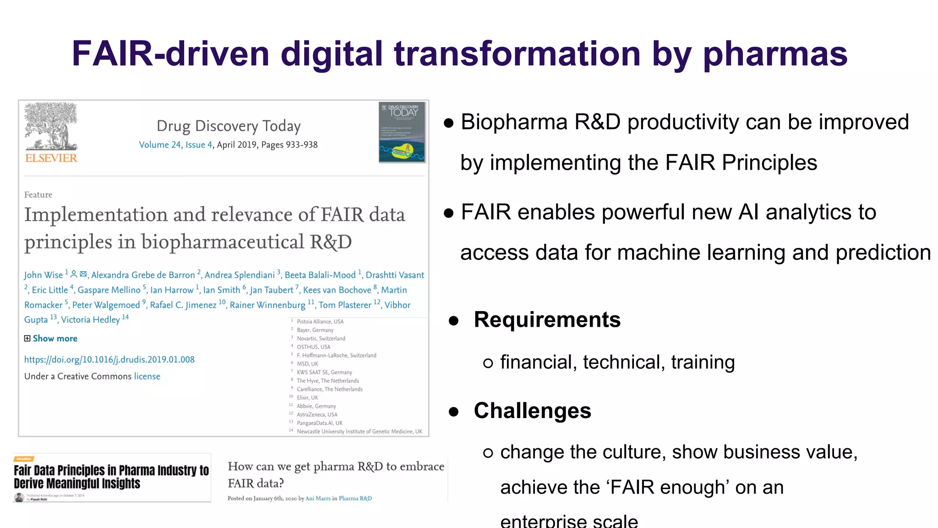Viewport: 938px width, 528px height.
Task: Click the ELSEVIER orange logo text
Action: click(51, 158)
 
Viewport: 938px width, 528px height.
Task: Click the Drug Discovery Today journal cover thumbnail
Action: click(402, 132)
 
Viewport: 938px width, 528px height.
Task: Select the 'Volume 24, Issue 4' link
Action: click(175, 145)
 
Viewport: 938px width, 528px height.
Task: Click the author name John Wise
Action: click(44, 275)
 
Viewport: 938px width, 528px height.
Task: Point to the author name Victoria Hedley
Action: click(90, 319)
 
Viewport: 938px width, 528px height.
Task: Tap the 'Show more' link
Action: click(55, 339)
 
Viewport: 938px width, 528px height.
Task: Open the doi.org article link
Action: click(109, 360)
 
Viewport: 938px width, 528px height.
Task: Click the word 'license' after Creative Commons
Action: click(147, 376)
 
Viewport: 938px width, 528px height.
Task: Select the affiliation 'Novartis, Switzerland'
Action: click(321, 339)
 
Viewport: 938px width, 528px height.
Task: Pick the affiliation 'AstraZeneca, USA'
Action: click(317, 415)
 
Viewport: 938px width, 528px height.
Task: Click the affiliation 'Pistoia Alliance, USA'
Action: click(320, 322)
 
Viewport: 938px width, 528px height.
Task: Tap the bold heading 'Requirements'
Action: click(547, 320)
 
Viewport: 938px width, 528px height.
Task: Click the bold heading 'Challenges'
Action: click(532, 411)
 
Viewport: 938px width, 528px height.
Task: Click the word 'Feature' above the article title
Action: click(38, 195)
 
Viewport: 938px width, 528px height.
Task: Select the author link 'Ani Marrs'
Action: click(318, 499)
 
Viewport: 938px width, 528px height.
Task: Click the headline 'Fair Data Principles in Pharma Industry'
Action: click(111, 477)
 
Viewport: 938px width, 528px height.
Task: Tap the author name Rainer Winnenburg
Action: click(267, 305)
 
